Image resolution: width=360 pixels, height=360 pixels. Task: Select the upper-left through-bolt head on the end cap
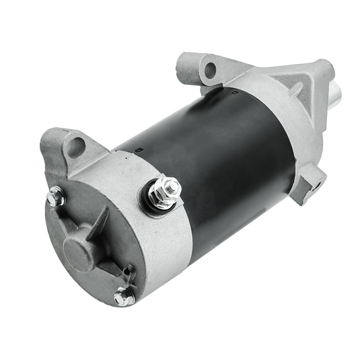53,198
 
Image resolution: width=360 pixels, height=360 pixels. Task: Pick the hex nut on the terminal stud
164,190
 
